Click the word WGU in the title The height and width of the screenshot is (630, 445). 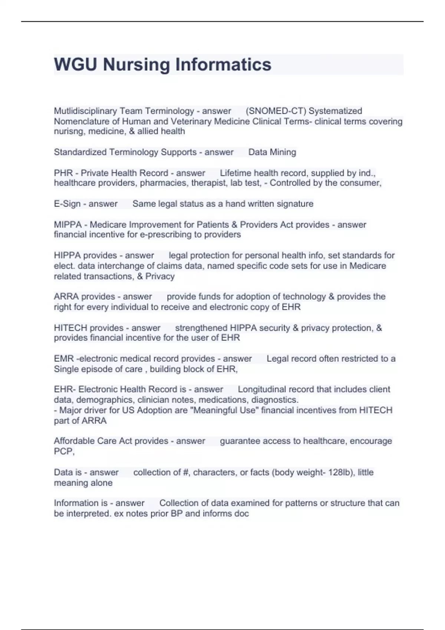[75, 64]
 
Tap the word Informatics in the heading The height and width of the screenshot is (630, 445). [223, 64]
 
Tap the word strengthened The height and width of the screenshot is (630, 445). [201, 328]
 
